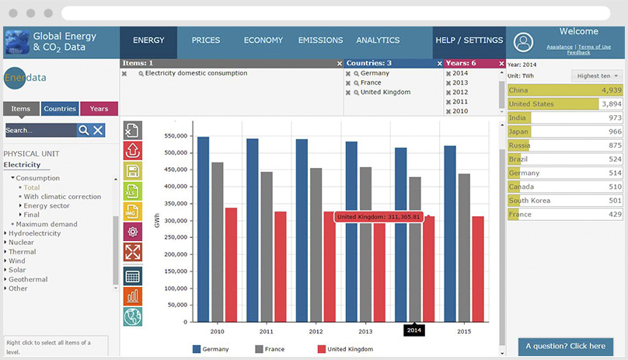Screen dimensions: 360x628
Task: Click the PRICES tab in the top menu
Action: (206, 40)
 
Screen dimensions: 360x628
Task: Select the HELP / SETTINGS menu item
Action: (469, 40)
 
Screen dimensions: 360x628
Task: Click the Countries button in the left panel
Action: (60, 109)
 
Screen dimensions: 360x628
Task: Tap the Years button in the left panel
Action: (99, 109)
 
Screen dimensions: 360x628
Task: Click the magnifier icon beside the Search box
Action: (83, 131)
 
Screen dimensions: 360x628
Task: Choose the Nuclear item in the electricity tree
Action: (21, 242)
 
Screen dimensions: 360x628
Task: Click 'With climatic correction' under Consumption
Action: (62, 197)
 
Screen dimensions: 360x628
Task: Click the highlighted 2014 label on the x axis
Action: (415, 330)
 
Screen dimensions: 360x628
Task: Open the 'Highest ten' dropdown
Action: (597, 75)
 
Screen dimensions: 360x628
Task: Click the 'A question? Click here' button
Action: (565, 346)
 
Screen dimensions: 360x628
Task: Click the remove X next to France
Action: (350, 82)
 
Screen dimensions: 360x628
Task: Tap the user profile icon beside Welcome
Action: (524, 42)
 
